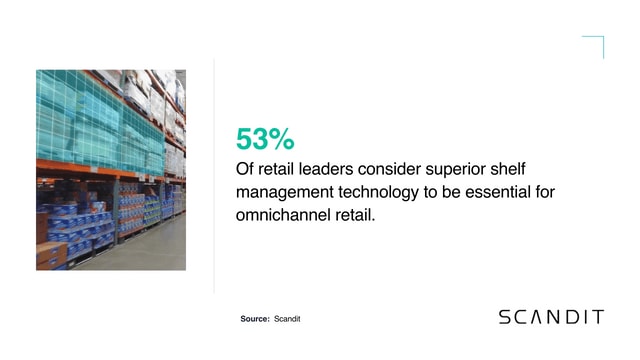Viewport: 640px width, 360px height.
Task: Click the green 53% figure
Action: point(265,138)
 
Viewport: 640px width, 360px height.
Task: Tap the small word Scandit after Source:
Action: point(287,318)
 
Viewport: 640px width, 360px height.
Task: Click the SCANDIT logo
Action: point(551,317)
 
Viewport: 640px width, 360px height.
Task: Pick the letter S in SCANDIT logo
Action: point(505,317)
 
